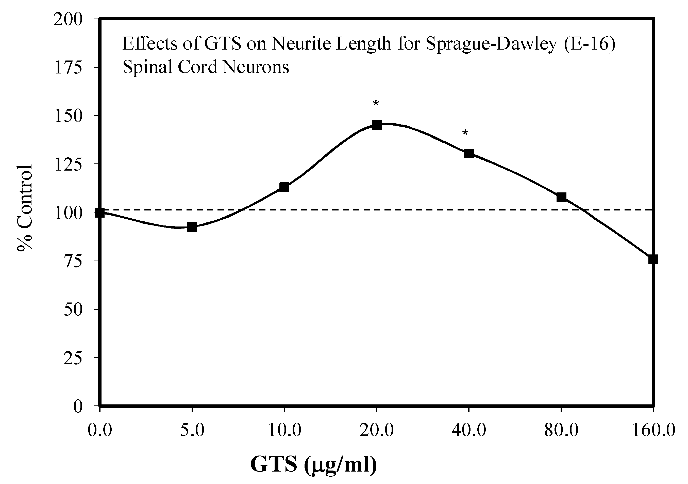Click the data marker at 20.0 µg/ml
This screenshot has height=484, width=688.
click(x=377, y=125)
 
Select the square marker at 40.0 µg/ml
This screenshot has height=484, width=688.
click(x=469, y=154)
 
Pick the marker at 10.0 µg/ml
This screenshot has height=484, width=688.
click(x=284, y=187)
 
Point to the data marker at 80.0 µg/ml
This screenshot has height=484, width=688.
click(x=561, y=197)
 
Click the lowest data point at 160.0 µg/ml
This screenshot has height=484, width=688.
click(x=653, y=259)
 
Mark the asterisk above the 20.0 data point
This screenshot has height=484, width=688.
click(x=376, y=104)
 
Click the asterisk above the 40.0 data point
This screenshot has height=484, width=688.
click(x=465, y=133)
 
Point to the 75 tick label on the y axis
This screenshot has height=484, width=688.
click(x=73, y=261)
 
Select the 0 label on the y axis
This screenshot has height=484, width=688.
click(x=78, y=407)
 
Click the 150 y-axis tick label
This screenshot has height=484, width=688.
click(x=68, y=116)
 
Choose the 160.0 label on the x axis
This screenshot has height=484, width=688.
click(x=653, y=431)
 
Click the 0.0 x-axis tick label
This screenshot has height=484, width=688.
click(x=99, y=431)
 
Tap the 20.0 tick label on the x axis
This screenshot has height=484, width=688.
click(x=377, y=431)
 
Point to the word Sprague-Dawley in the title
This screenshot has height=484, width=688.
click(x=491, y=44)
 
